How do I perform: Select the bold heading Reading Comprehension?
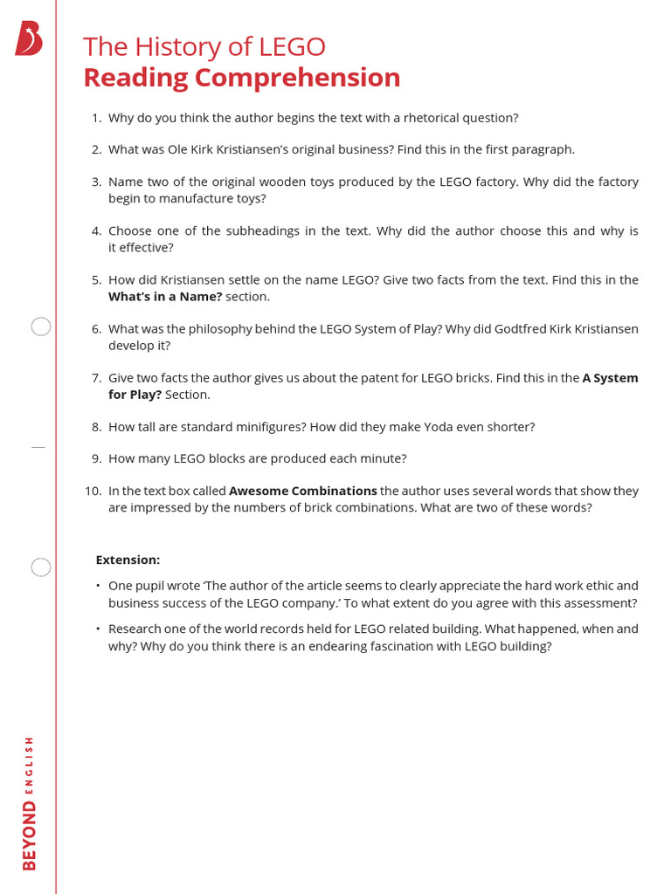[x=241, y=78]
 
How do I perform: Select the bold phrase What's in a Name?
[x=165, y=297]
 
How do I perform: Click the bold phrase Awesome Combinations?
[x=302, y=491]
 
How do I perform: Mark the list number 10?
[x=93, y=491]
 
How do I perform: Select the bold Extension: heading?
[x=128, y=560]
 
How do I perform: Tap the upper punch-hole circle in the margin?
[x=41, y=327]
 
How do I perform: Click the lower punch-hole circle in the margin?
[x=41, y=567]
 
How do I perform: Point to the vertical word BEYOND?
[x=30, y=835]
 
